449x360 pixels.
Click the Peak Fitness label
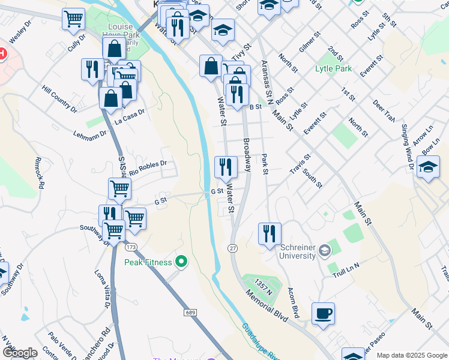(x=148, y=262)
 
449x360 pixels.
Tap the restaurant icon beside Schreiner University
(x=270, y=233)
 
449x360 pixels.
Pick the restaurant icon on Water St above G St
(x=226, y=167)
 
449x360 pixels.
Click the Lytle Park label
(x=333, y=68)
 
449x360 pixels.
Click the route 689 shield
(x=191, y=313)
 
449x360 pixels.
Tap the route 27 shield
(x=232, y=248)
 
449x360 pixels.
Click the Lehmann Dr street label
(x=90, y=136)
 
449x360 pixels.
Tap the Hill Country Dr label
(x=59, y=99)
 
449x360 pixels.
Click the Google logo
(x=20, y=352)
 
